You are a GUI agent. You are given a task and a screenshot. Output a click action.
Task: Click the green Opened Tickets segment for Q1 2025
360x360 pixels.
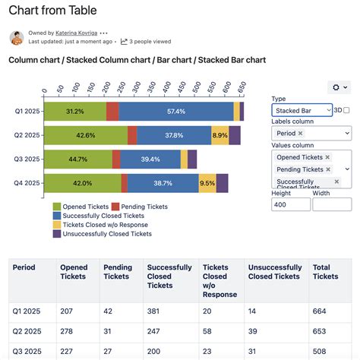[x=74, y=112]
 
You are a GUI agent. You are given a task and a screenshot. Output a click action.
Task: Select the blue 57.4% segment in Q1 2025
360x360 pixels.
[x=175, y=112]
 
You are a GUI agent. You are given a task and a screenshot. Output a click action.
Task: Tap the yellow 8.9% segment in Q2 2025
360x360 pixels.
[x=219, y=135]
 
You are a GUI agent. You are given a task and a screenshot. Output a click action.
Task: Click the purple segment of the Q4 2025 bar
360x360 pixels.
[x=222, y=183]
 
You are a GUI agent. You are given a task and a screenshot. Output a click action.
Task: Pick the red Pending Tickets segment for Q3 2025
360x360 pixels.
[x=116, y=159]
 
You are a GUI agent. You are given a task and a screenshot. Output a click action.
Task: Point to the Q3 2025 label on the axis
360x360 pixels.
[x=27, y=159]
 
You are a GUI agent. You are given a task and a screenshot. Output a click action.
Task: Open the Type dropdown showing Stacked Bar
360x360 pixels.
[x=302, y=110]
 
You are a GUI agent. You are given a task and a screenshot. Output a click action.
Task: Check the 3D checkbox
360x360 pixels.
[x=346, y=110]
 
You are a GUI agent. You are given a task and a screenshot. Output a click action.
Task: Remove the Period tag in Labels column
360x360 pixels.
[x=300, y=133]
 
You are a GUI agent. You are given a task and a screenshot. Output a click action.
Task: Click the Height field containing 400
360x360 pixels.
[x=289, y=204]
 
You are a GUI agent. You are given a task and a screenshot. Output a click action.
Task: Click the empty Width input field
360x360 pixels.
[x=331, y=204]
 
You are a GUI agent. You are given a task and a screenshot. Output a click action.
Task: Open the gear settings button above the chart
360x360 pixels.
[x=338, y=88]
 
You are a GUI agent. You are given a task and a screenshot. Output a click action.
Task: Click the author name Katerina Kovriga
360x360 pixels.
[x=75, y=33]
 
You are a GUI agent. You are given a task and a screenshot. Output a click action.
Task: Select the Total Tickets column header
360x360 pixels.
[x=325, y=272]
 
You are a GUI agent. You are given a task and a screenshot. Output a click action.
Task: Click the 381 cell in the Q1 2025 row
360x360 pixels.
[x=155, y=311]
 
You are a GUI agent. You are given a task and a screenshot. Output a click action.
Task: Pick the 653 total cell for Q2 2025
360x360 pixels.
[x=320, y=331]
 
